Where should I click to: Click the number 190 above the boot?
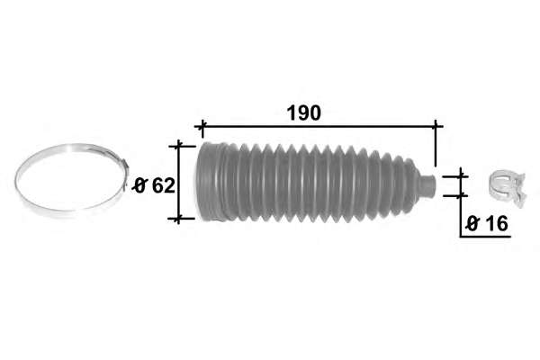tap(304, 112)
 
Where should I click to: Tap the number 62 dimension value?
tap(164, 185)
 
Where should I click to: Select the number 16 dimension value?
tap(496, 223)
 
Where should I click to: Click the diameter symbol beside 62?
tap(140, 186)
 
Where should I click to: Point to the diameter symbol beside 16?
tap(472, 224)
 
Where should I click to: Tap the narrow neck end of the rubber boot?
tap(428, 185)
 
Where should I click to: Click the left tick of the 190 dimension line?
tap(202, 127)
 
